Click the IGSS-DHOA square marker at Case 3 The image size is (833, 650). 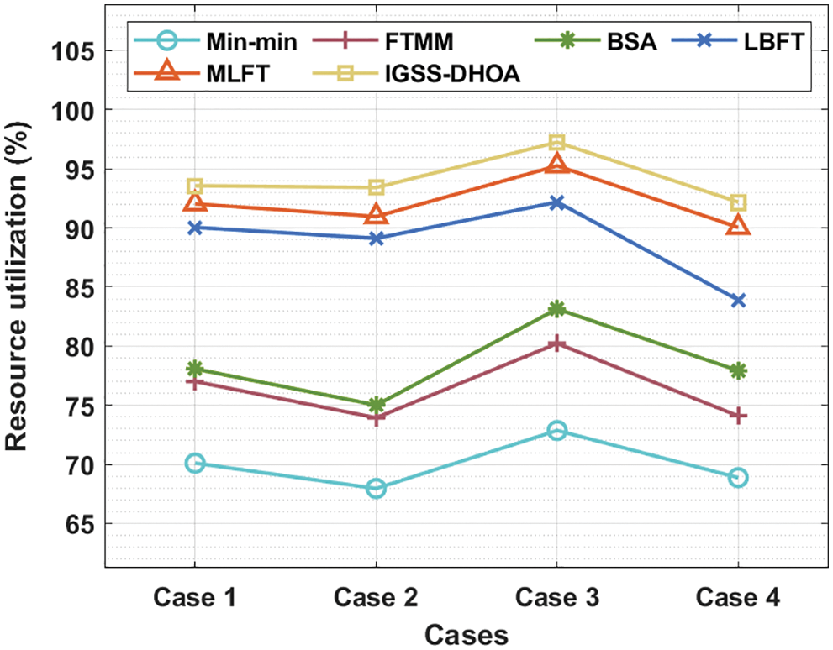556,143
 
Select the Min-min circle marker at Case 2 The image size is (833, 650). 376,488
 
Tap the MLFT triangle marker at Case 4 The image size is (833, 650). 738,225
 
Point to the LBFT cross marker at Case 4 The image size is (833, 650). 738,301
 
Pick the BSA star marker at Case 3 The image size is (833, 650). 556,309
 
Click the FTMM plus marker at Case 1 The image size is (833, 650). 195,382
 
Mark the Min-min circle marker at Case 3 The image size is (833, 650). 556,431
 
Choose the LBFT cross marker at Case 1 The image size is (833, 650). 195,228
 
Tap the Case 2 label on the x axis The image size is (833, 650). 376,599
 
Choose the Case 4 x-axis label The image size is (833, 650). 738,599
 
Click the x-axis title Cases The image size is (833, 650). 467,634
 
